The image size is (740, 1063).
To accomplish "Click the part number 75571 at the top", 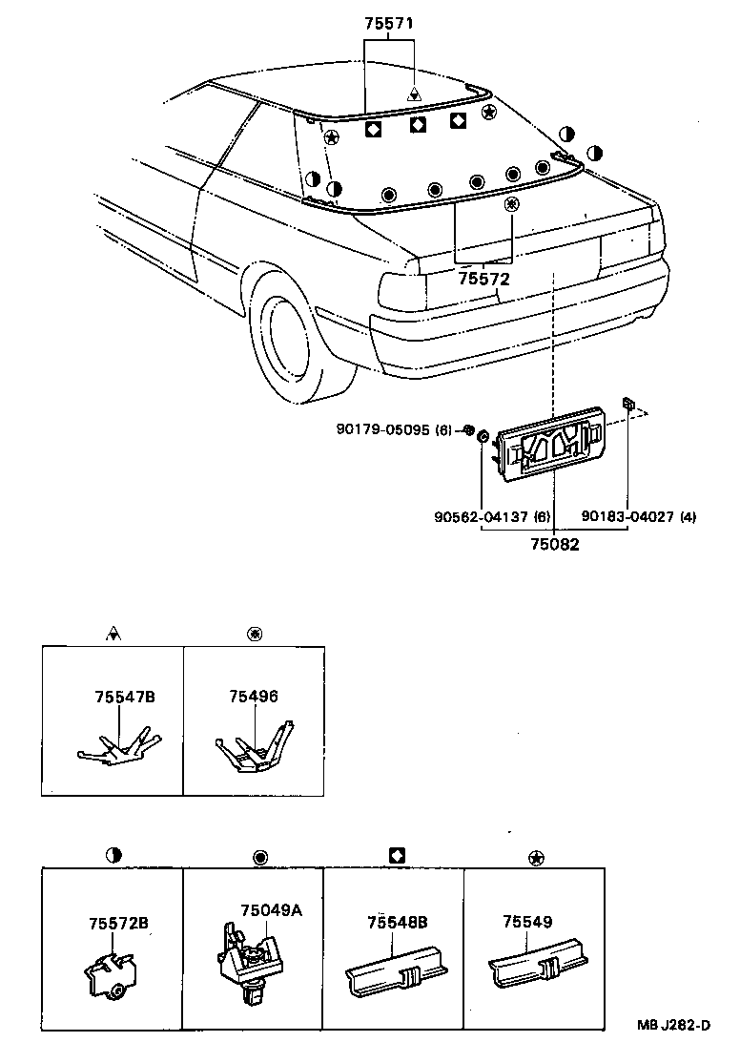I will [x=388, y=26].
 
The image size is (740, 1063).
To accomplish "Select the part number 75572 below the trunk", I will [x=483, y=279].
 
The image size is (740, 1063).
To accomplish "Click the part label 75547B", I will [x=124, y=698].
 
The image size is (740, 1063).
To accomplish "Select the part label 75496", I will [x=253, y=698].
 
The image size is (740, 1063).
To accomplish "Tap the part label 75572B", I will [x=118, y=923].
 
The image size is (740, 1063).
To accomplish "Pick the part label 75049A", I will [x=271, y=910].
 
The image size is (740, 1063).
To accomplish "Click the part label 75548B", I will [x=397, y=923].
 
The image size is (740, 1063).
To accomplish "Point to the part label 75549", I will [x=527, y=923].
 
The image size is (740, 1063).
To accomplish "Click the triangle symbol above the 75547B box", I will [x=113, y=633].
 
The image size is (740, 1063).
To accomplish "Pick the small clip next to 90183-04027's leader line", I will [x=628, y=404].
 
